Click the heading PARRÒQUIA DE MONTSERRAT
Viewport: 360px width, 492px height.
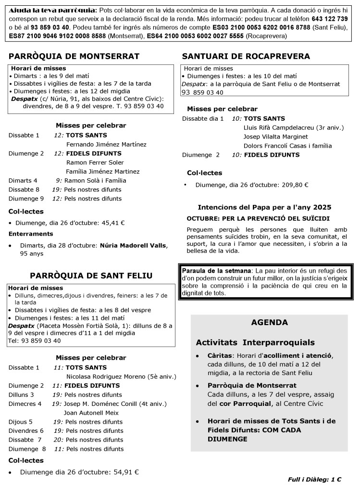click(74, 57)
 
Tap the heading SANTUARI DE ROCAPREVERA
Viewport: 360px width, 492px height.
click(246, 57)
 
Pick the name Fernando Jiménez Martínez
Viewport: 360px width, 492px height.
click(106, 144)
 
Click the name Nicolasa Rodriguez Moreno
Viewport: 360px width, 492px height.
click(109, 376)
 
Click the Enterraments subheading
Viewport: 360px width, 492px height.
click(31, 234)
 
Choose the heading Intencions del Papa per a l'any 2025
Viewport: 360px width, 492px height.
click(265, 207)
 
